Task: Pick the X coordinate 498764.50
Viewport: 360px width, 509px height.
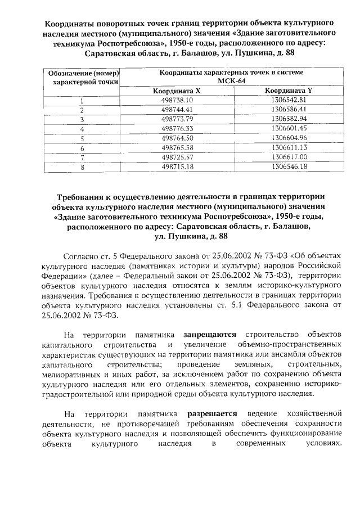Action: [177, 138]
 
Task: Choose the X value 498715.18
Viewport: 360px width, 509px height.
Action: [177, 166]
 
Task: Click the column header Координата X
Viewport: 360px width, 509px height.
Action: [177, 90]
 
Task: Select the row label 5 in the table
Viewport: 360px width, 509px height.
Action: [82, 138]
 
